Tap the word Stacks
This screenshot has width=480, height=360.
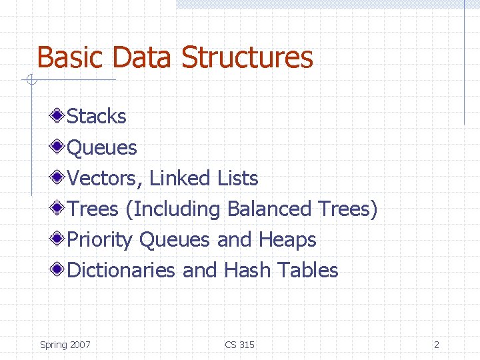97,117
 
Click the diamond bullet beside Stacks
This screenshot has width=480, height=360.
59,116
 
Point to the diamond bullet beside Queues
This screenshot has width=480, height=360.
59,147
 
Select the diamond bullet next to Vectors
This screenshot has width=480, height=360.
59,177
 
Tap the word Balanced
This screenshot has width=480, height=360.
269,209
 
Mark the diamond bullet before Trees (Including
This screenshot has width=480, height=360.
59,208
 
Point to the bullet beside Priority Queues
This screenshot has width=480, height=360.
59,239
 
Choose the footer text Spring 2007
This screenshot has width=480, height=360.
65,345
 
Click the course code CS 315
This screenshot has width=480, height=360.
239,345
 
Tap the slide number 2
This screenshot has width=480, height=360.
437,345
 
